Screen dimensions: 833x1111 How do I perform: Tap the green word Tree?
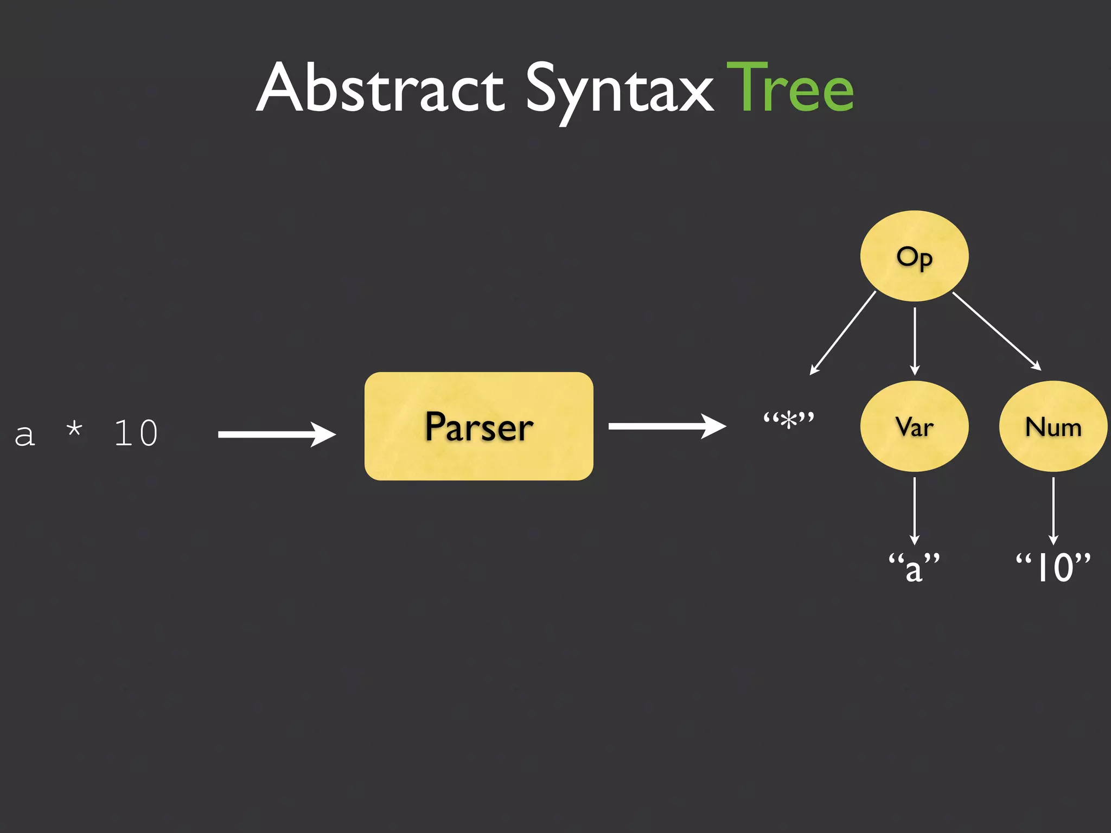[x=790, y=88]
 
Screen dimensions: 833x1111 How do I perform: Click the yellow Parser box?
[x=478, y=426]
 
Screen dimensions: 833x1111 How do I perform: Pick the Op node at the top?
[x=915, y=256]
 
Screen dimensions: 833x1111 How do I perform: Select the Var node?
[x=915, y=426]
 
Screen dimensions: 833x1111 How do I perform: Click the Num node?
[x=1053, y=426]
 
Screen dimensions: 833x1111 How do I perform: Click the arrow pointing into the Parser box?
[x=276, y=434]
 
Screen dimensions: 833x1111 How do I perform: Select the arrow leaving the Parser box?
[x=667, y=426]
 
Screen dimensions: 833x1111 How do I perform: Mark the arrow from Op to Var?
[x=915, y=342]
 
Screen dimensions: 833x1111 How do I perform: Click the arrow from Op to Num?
[x=997, y=331]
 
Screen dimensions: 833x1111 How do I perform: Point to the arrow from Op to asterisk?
[x=842, y=333]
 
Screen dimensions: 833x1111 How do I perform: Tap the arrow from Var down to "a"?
[x=915, y=511]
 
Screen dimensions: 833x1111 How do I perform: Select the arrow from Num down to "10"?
[x=1053, y=511]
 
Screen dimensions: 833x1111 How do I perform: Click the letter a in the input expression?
[x=24, y=434]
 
